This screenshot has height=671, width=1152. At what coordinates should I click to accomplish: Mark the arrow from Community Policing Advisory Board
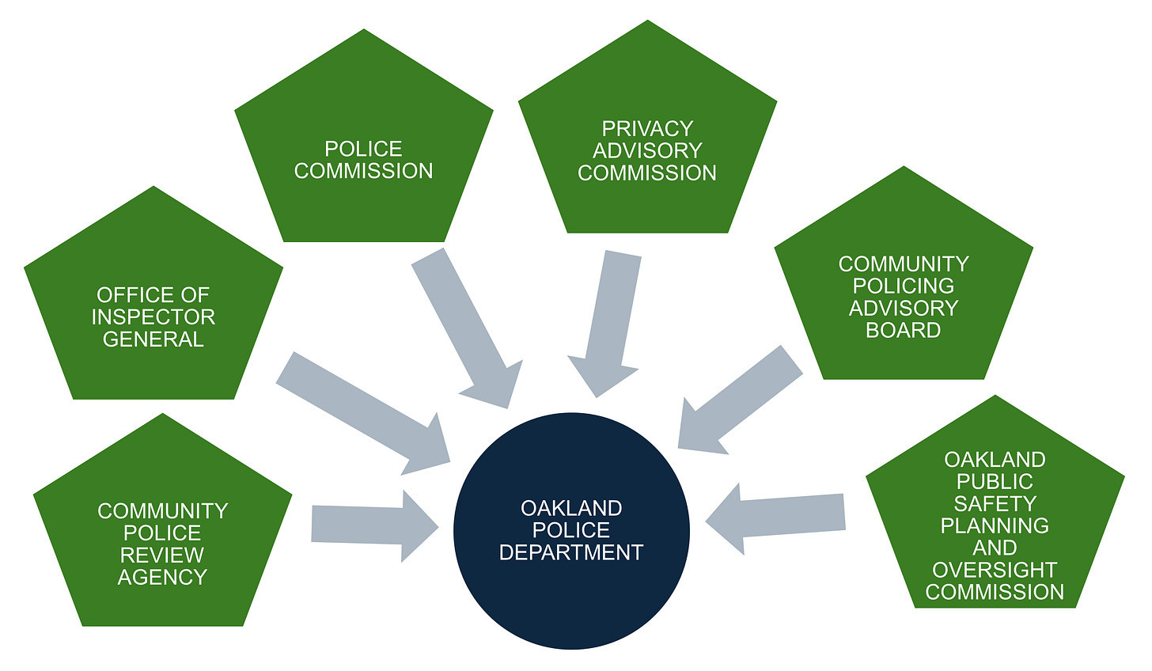[740, 400]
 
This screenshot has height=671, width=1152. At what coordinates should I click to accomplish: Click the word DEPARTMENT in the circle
[570, 552]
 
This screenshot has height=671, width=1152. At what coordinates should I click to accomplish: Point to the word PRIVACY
[647, 128]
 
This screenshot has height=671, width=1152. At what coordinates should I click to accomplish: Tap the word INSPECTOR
[153, 317]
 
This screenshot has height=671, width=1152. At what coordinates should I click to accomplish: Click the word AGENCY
[162, 578]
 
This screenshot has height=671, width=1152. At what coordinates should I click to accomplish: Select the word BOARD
[904, 330]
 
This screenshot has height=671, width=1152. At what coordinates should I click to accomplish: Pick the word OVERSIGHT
[995, 570]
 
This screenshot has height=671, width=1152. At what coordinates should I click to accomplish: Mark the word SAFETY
[995, 503]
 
